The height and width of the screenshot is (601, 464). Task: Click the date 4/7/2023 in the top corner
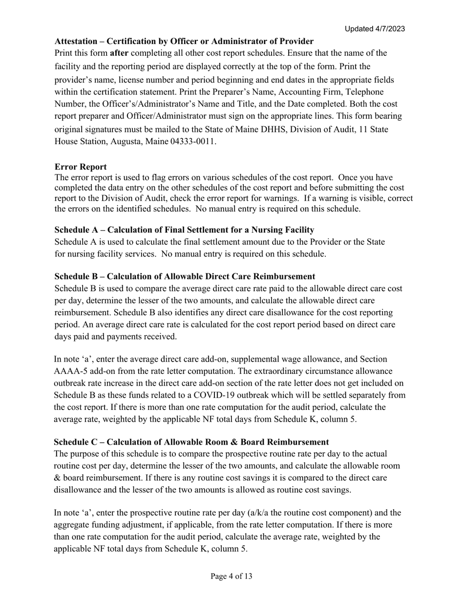click(389, 29)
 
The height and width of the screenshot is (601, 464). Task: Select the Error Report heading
click(81, 167)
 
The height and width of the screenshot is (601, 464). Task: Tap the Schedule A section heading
click(184, 230)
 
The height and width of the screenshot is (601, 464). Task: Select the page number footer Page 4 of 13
click(232, 576)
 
